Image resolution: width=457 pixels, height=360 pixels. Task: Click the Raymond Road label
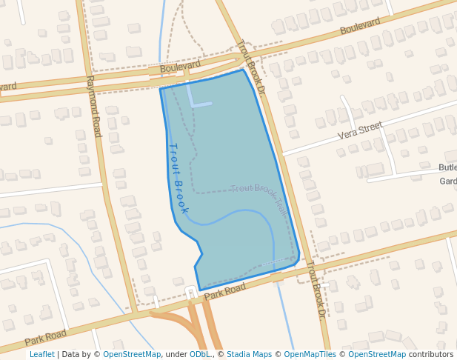[x=93, y=106]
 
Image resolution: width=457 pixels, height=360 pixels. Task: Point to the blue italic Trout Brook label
[x=178, y=178]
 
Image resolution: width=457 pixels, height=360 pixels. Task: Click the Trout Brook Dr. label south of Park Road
[x=316, y=288]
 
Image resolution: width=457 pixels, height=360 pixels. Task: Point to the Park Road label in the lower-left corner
[x=46, y=338]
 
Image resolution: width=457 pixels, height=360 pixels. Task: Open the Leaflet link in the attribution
[x=41, y=354]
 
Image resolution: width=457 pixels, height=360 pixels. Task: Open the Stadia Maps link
[x=249, y=354]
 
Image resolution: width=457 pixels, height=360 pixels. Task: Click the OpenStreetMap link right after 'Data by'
[x=132, y=354]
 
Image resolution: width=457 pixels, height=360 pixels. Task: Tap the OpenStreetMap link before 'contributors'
[x=377, y=354]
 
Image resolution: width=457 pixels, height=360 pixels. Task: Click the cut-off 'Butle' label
[x=447, y=167]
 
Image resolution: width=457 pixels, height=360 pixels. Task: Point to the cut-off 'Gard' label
[x=447, y=181]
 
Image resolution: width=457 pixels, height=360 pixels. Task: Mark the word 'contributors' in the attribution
[x=431, y=354]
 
